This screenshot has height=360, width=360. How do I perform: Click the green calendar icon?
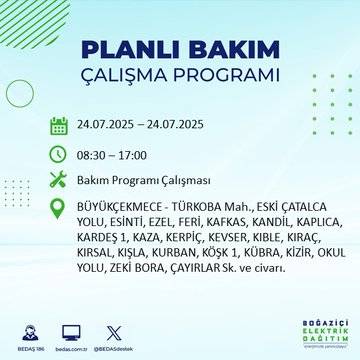click(58, 125)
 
